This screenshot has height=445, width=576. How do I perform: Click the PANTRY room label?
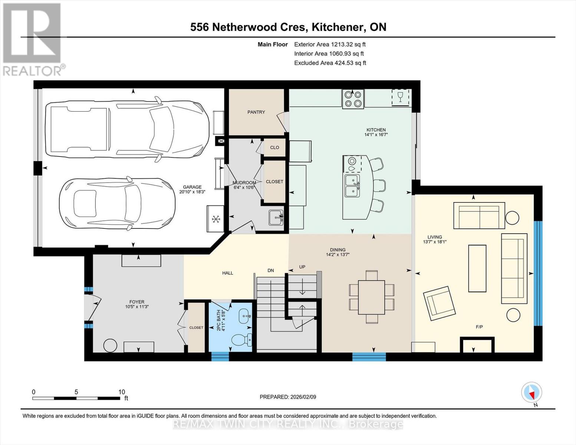point(256,112)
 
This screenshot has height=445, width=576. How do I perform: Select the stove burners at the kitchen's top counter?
point(353,99)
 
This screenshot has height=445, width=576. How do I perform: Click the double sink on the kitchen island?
point(352,186)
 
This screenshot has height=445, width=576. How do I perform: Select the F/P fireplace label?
point(479,327)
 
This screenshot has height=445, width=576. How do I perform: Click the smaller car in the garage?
point(117,204)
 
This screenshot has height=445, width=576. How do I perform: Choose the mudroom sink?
point(276,217)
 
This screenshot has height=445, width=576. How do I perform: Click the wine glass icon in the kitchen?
point(400,97)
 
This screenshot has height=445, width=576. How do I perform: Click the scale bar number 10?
point(121,392)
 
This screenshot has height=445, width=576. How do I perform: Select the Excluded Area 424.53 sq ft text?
point(330,63)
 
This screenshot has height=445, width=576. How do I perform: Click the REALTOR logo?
point(32,39)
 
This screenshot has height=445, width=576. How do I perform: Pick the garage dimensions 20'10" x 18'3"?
point(192,192)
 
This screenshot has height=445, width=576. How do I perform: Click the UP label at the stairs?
point(302,267)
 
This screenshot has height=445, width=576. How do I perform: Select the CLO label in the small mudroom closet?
point(274,148)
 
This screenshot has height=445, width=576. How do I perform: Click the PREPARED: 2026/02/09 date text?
point(288,397)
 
